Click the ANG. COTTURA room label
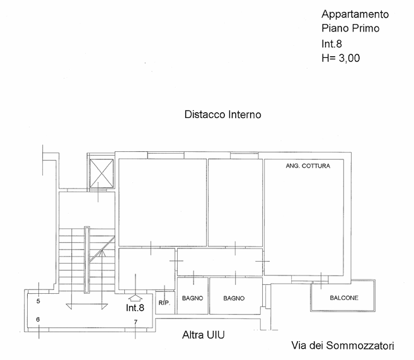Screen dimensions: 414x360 click(x=308, y=166)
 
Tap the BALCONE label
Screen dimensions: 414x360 click(x=344, y=298)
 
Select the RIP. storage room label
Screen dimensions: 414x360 click(x=164, y=303)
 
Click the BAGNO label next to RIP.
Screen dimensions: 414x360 click(x=192, y=298)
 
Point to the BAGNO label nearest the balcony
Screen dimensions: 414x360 click(x=234, y=298)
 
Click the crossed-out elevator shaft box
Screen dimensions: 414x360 click(x=101, y=173)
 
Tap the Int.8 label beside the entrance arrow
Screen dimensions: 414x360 click(x=135, y=308)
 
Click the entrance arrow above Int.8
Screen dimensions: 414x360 click(x=135, y=298)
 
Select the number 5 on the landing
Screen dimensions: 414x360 click(x=38, y=301)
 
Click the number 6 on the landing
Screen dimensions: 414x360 click(x=38, y=320)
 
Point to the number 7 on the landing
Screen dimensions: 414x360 click(x=135, y=322)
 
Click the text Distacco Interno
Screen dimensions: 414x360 click(x=223, y=115)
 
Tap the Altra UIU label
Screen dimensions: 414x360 click(x=204, y=335)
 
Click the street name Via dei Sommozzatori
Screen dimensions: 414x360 click(x=342, y=345)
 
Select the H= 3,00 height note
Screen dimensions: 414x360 click(x=341, y=58)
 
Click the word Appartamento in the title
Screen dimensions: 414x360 click(x=355, y=15)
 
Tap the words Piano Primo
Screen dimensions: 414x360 click(x=350, y=28)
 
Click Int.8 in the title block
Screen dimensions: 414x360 click(x=331, y=44)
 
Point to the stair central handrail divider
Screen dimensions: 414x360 click(x=87, y=260)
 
